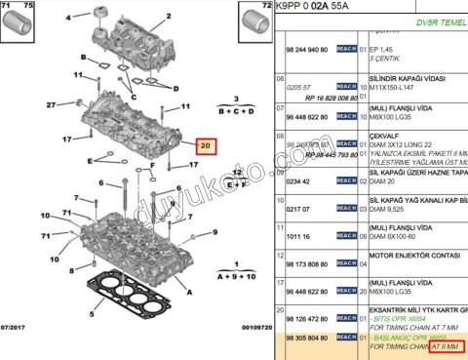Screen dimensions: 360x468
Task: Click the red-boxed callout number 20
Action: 204,147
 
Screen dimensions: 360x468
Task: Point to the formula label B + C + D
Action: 236,113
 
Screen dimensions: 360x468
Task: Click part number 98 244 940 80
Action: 306,48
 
